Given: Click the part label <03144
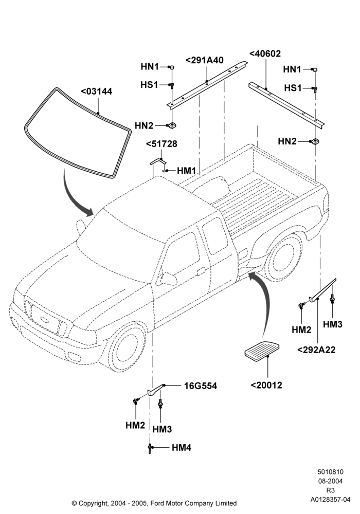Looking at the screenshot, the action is tap(96, 91).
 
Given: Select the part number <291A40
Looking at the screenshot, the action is tap(205, 60).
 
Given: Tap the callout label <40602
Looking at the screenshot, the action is tap(265, 53).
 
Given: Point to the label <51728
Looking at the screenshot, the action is tap(161, 144).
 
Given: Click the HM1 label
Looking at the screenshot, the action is tap(187, 171).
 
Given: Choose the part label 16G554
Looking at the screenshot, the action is tap(201, 386).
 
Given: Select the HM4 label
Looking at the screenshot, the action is tap(182, 448).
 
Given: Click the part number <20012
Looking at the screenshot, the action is tap(266, 385).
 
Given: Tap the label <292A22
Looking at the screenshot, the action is tap(316, 350).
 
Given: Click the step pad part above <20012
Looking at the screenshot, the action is tap(262, 350).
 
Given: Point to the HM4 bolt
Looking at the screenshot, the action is tap(150, 448).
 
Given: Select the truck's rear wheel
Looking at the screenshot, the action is tap(284, 256).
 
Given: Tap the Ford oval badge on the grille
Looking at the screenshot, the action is tap(44, 319).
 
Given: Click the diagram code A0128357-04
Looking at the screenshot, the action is tap(331, 500).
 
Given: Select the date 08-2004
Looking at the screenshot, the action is tap(331, 481).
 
